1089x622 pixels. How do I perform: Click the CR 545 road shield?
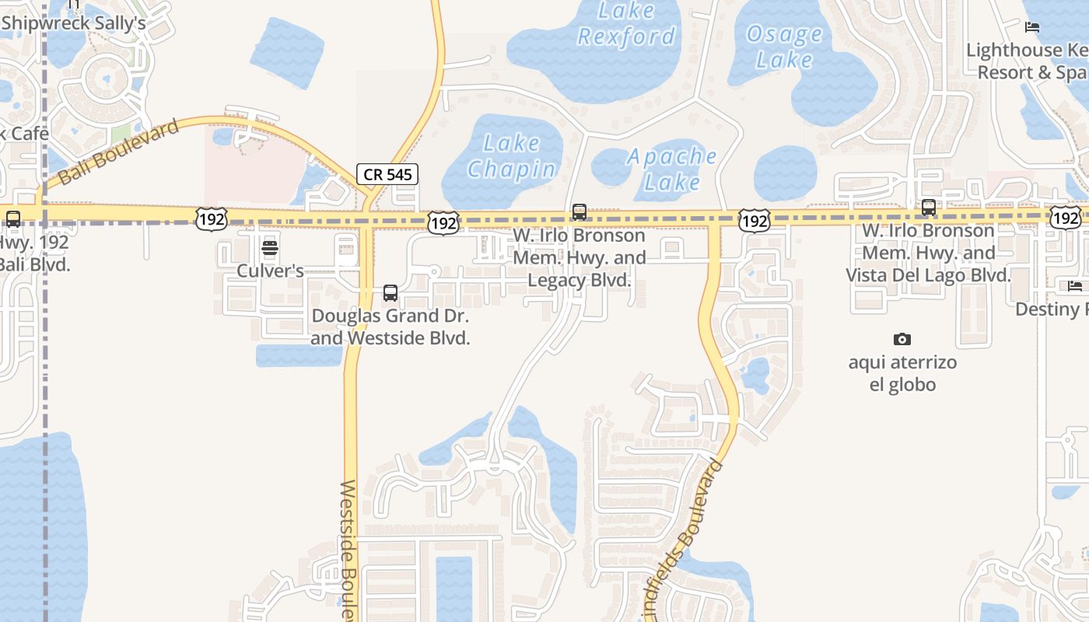[x=387, y=174]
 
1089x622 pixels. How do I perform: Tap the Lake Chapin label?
[x=511, y=156]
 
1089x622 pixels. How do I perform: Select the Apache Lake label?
[x=671, y=169]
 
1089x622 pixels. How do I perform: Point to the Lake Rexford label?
[x=626, y=23]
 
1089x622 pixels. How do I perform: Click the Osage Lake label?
[x=784, y=47]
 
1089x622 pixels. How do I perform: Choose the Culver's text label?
[x=270, y=271]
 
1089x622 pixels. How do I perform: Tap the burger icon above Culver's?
[x=270, y=248]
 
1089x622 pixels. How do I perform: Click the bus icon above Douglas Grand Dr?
[x=390, y=293]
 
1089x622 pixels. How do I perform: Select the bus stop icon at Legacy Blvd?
[x=580, y=211]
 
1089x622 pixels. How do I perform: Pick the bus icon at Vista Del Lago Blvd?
[x=929, y=208]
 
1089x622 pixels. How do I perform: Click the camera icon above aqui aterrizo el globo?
[x=902, y=339]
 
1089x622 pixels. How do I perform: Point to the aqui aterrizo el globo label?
[x=902, y=373]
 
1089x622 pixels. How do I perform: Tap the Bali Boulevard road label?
[x=118, y=152]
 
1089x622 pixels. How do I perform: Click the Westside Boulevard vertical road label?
[x=348, y=548]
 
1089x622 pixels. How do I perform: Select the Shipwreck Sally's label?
[x=74, y=23]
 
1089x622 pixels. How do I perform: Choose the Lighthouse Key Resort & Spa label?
[x=1027, y=61]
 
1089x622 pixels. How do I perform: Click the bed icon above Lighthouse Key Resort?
[x=1032, y=27]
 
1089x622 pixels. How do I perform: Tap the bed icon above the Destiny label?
[x=1075, y=286]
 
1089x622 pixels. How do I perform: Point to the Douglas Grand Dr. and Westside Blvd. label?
[x=390, y=327]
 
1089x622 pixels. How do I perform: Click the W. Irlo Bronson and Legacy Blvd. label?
[x=580, y=257]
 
